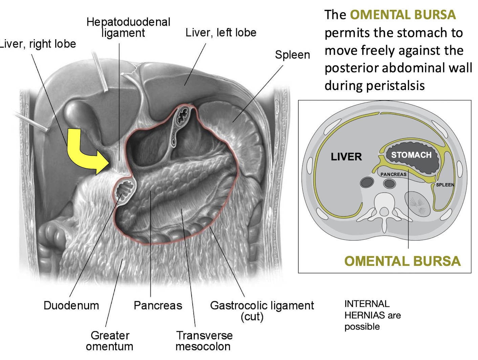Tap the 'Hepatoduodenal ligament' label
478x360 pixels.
[128, 27]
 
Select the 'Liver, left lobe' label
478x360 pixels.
[221, 32]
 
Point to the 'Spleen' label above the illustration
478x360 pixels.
[292, 55]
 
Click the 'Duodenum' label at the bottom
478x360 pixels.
[71, 306]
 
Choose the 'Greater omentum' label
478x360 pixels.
[110, 341]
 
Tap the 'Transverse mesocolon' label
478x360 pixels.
[204, 341]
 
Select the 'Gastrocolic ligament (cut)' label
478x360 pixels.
[262, 311]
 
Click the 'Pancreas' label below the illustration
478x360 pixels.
[158, 306]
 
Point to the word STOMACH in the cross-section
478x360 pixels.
[411, 155]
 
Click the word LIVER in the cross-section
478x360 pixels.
[346, 157]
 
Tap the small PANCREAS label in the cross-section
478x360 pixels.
[393, 174]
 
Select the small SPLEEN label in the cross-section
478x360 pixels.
[445, 185]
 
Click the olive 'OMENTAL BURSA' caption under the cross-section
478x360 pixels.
[402, 261]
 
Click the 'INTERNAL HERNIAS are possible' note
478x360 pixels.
[372, 315]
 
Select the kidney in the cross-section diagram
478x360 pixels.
[417, 204]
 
